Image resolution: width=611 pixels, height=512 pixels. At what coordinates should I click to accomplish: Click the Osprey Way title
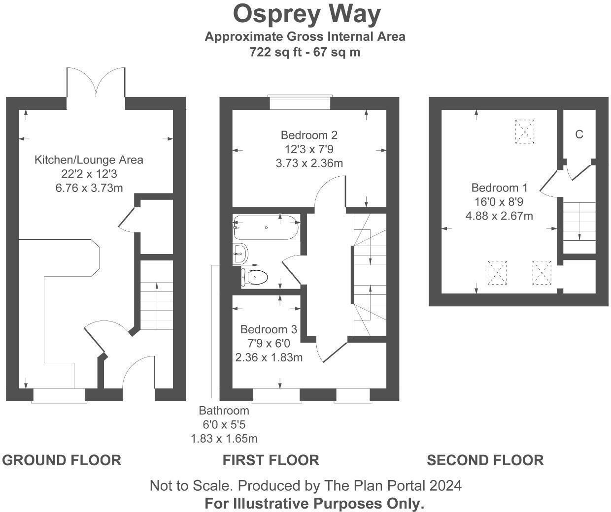coord(306,15)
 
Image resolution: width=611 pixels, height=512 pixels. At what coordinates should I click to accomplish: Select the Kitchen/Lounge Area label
coord(89,160)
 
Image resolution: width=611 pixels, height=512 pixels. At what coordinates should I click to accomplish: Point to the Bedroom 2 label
coord(309,135)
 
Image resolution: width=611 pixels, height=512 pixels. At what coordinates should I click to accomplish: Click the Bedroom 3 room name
coord(269,329)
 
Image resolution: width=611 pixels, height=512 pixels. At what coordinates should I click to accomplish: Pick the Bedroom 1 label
coord(499,188)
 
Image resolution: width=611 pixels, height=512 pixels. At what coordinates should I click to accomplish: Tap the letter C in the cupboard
coord(579,134)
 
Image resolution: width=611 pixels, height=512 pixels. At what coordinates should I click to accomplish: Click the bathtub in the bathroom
coord(266,227)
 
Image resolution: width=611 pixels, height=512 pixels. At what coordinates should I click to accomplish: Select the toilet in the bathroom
coord(254,277)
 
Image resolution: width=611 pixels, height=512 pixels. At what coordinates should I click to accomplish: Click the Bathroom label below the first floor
coord(224,411)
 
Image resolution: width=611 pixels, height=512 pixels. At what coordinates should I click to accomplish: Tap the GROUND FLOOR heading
coord(62,460)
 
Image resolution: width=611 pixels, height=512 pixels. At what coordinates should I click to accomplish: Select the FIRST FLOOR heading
coord(271,460)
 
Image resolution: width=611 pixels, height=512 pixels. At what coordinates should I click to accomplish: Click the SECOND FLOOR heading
coord(485,460)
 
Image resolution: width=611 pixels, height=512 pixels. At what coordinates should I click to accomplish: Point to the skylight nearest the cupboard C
coord(525,131)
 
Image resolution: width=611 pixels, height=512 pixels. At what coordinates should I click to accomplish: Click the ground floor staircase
coord(157,295)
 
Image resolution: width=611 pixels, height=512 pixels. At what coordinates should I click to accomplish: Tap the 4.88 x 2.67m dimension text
coord(499,216)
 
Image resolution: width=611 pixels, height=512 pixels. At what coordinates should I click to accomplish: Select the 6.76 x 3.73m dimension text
coord(89,188)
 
